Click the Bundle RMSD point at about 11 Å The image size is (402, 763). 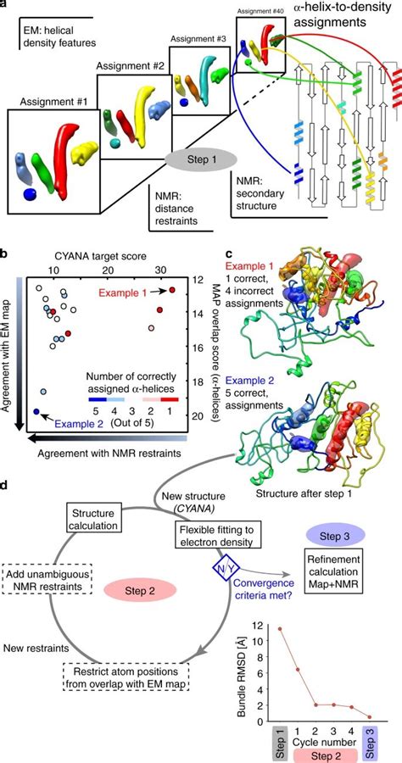[x=279, y=629]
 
